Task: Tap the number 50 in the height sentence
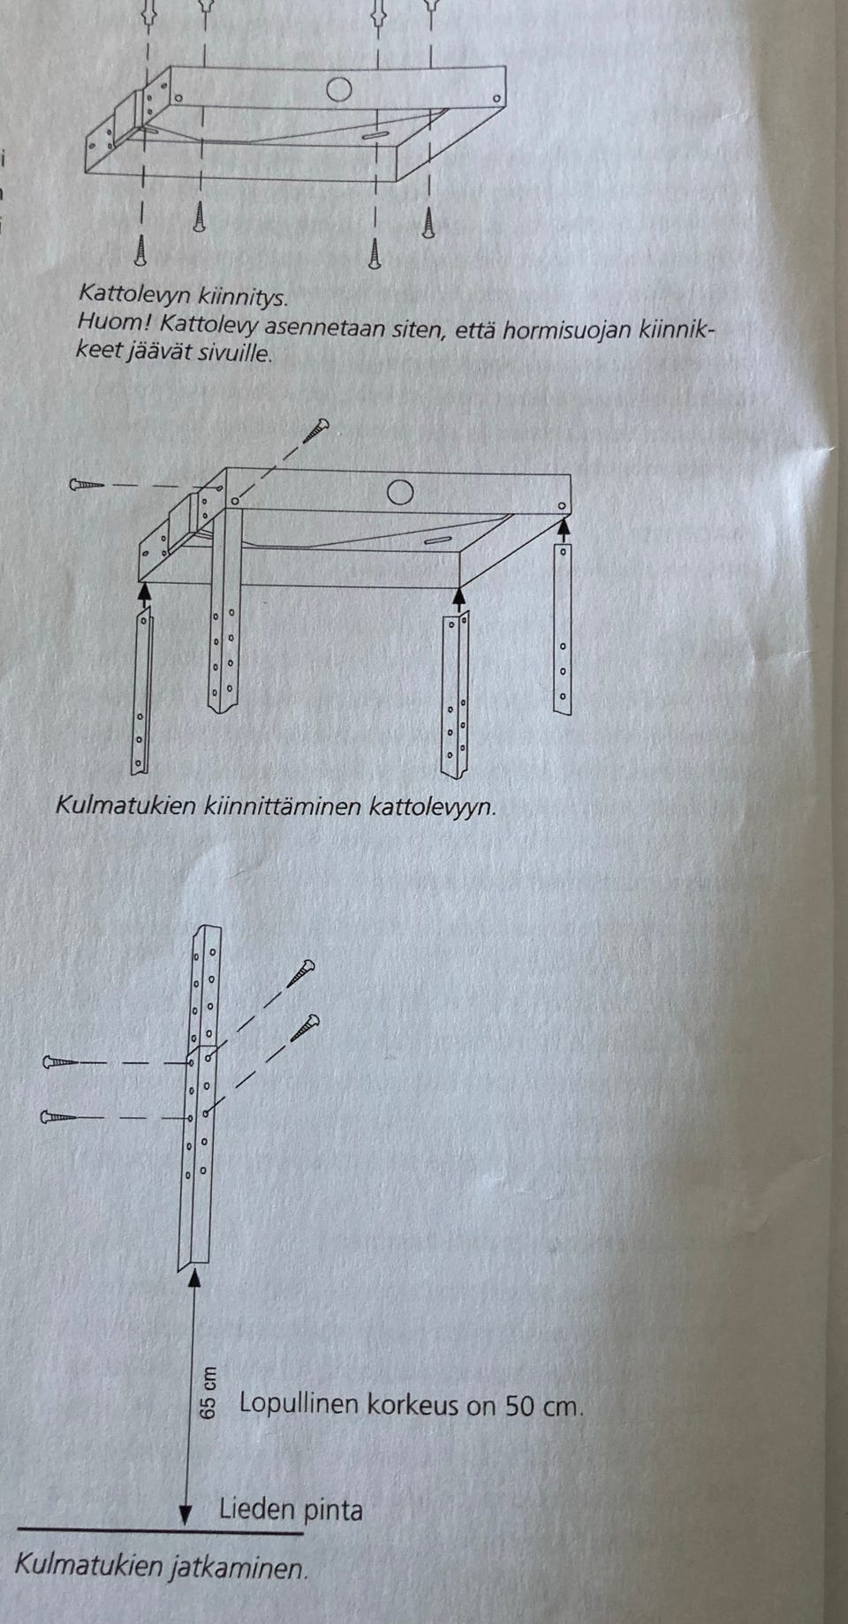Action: tap(521, 1405)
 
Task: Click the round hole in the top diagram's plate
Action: tap(338, 89)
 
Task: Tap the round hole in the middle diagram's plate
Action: tap(400, 493)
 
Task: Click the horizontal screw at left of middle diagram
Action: tap(87, 485)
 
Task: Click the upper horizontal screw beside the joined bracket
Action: tap(60, 1062)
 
